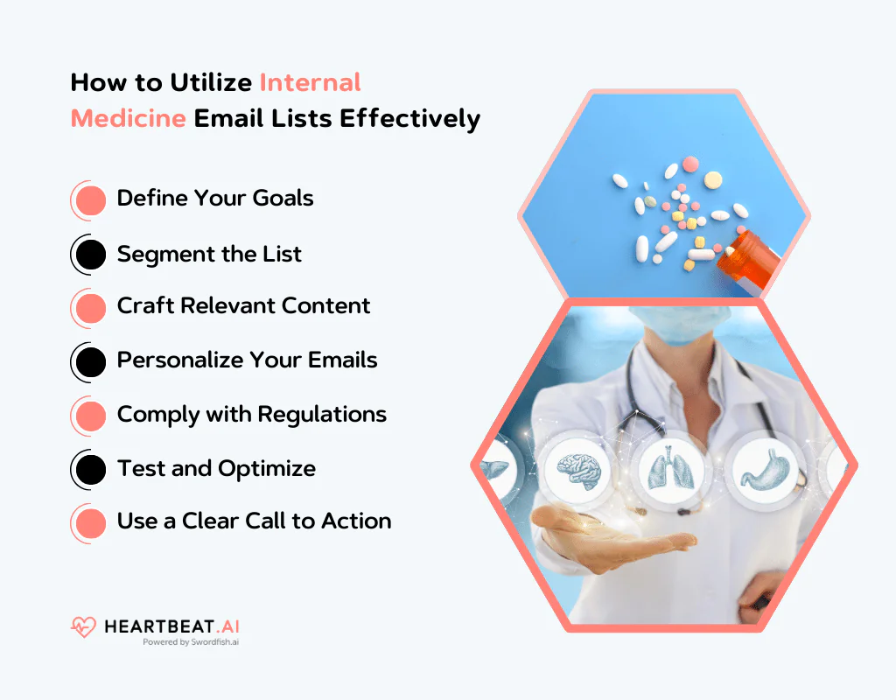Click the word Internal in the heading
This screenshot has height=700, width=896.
click(310, 82)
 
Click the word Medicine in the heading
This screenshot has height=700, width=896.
click(128, 118)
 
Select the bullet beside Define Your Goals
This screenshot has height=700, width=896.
click(90, 199)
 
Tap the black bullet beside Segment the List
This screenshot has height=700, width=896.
click(90, 255)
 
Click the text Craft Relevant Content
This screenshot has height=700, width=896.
click(243, 306)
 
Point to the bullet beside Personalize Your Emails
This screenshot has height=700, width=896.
click(90, 361)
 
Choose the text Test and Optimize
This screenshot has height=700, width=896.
click(216, 469)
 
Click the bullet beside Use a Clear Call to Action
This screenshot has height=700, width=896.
click(90, 523)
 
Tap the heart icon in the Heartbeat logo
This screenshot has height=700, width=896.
click(84, 626)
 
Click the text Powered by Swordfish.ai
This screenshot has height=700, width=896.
click(191, 641)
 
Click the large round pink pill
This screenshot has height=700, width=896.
click(690, 164)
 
